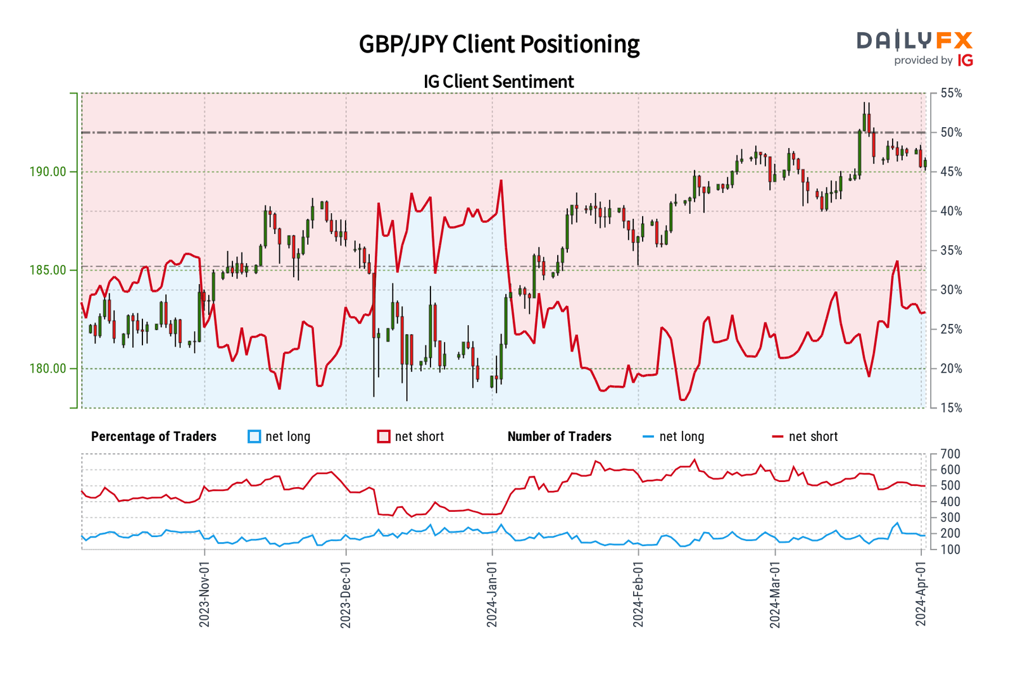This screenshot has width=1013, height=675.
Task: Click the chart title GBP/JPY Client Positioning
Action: click(499, 44)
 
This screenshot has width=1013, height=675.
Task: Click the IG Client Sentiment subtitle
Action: click(499, 82)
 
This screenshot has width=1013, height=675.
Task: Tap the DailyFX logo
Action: click(914, 41)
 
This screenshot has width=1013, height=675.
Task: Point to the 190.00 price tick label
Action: click(47, 171)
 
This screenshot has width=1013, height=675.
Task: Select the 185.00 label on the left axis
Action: click(47, 270)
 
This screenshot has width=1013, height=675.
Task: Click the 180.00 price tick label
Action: click(47, 368)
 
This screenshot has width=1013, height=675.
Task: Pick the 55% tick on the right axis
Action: click(951, 94)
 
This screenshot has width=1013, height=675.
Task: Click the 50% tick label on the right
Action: click(951, 133)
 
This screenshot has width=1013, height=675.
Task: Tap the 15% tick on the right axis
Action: click(951, 408)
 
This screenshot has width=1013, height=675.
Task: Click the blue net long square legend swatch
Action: click(255, 437)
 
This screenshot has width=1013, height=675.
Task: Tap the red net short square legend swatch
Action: click(384, 437)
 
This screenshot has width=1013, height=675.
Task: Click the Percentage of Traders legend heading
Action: click(154, 437)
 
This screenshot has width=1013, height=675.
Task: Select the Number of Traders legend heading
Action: click(560, 437)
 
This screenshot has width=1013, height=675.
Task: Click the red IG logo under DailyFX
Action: click(966, 60)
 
